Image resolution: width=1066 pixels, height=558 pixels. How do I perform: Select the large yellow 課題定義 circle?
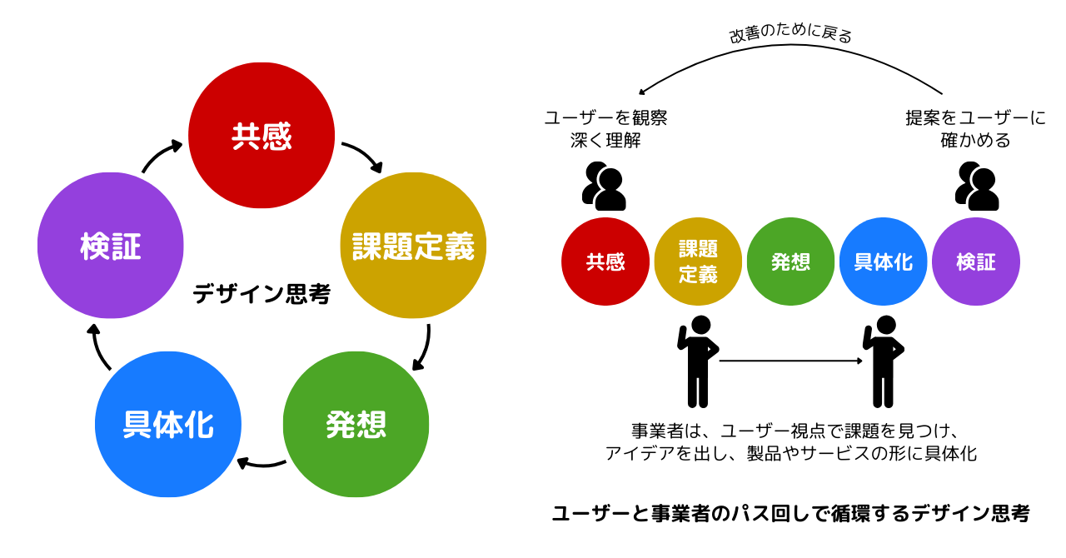point(413,246)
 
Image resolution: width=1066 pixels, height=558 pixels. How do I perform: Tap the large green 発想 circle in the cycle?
point(356,424)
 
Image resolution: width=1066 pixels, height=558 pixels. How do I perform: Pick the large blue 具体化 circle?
point(168,424)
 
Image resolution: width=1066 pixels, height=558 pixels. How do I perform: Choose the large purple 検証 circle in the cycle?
point(111,246)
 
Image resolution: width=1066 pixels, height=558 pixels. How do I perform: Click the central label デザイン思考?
point(262,294)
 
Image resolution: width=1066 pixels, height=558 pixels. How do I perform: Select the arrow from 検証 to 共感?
point(161,155)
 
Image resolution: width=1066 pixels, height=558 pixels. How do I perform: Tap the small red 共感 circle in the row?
point(605,262)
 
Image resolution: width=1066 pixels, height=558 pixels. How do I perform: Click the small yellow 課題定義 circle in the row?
point(698,262)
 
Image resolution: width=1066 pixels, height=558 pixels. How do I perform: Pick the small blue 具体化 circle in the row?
point(883,262)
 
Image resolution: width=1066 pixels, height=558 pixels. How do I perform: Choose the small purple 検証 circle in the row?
point(976,262)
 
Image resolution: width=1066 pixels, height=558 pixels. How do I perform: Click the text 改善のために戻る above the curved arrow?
point(790,35)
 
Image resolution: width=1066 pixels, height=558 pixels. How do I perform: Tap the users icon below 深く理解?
point(604,186)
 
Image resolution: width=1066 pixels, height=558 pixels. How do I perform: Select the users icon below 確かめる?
point(977,186)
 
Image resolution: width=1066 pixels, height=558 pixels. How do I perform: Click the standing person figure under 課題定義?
point(698,361)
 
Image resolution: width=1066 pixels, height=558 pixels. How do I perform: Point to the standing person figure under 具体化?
point(883,361)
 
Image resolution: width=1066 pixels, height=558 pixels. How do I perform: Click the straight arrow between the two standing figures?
point(790,361)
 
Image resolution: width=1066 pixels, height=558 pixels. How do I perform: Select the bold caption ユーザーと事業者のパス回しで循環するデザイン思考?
point(790,513)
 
